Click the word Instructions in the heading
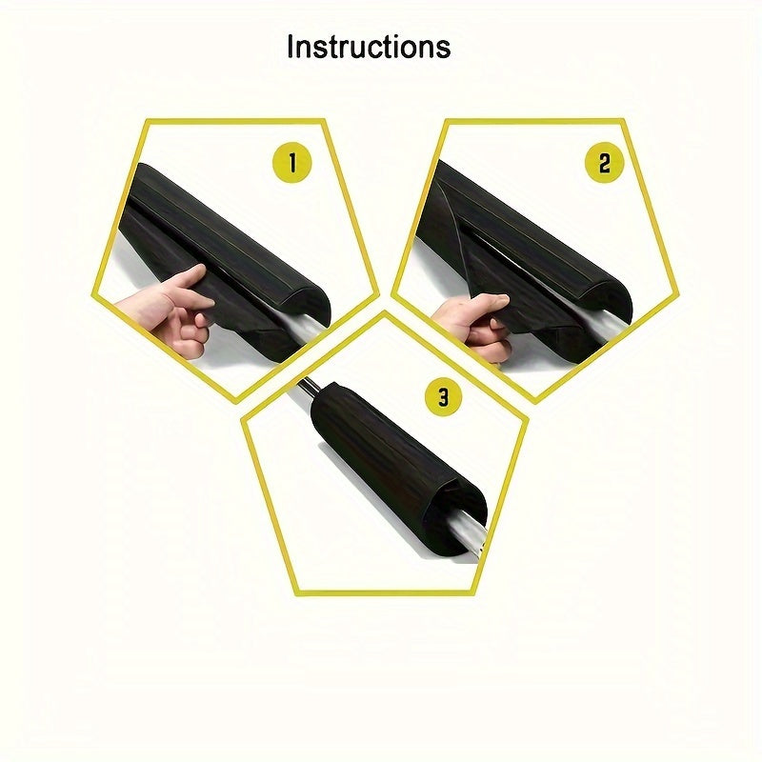369,47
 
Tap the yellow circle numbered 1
291,163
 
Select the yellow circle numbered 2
604,163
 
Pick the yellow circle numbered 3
443,396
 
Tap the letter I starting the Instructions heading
290,47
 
